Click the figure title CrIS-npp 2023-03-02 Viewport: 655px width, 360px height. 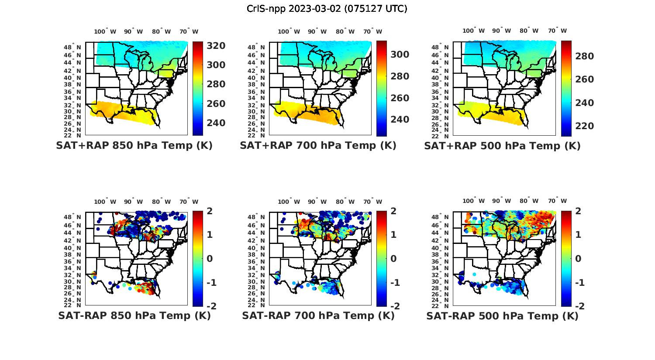(x=327, y=9)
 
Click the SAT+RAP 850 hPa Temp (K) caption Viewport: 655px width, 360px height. (x=134, y=146)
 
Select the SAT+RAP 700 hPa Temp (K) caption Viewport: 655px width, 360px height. (x=318, y=146)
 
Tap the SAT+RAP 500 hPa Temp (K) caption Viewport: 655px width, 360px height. (x=502, y=146)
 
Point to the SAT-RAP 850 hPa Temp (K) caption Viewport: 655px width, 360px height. (x=134, y=316)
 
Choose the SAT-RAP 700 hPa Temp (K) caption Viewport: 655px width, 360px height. (x=318, y=316)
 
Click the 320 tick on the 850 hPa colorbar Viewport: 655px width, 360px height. (x=216, y=46)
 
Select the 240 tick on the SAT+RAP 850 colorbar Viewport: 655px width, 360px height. (x=216, y=123)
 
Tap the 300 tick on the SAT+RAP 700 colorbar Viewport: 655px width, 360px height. (x=400, y=55)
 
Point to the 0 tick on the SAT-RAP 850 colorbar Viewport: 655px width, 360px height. (x=210, y=259)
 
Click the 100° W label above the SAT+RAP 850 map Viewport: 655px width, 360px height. (x=105, y=31)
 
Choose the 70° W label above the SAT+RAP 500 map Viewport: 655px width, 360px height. (x=557, y=31)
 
